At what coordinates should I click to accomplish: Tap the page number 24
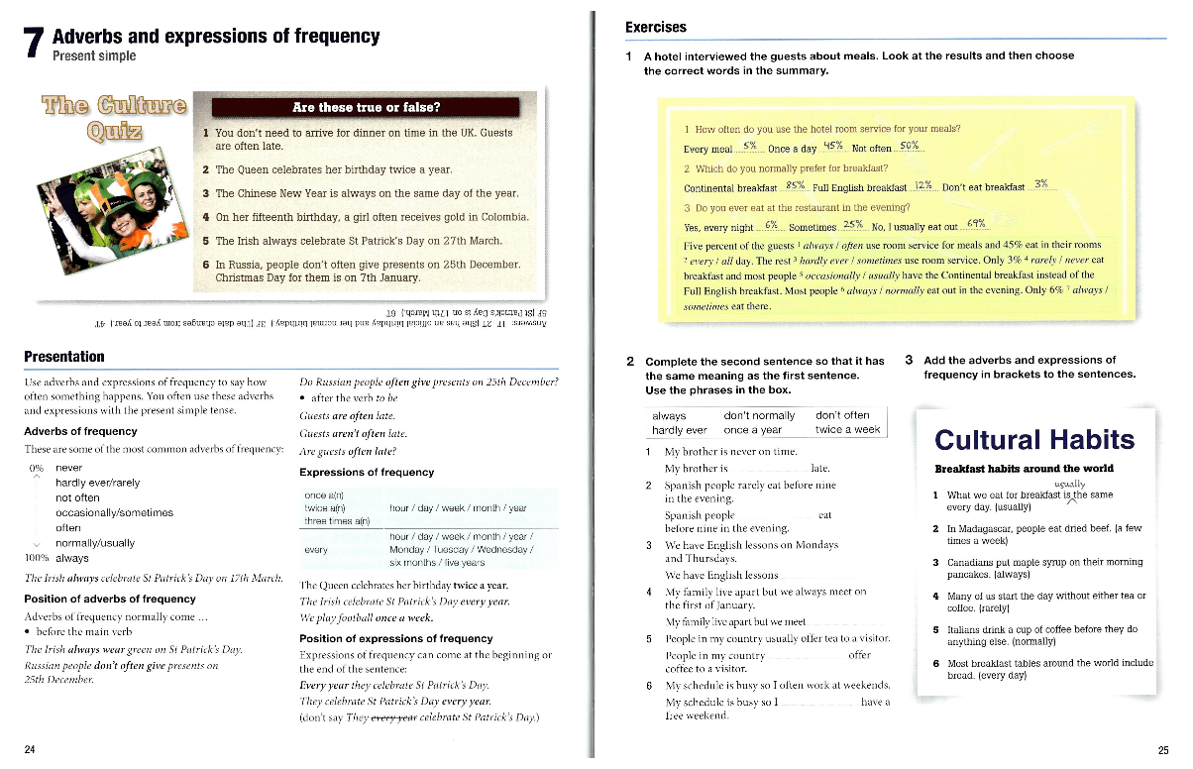(x=30, y=750)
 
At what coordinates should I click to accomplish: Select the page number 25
(x=1163, y=750)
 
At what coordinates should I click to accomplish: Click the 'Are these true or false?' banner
(x=367, y=107)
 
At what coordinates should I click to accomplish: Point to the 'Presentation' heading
(x=64, y=357)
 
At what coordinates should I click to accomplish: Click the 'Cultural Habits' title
(x=1034, y=440)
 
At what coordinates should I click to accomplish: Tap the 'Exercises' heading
(x=656, y=28)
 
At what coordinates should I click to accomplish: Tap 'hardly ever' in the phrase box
(x=680, y=430)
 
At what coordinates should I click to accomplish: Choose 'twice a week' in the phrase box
(x=848, y=430)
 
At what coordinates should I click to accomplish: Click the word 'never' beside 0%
(x=69, y=468)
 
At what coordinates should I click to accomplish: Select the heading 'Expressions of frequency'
(x=367, y=473)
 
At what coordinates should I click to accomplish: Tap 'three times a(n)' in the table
(x=337, y=521)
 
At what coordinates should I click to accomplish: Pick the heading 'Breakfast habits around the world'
(x=1024, y=469)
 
